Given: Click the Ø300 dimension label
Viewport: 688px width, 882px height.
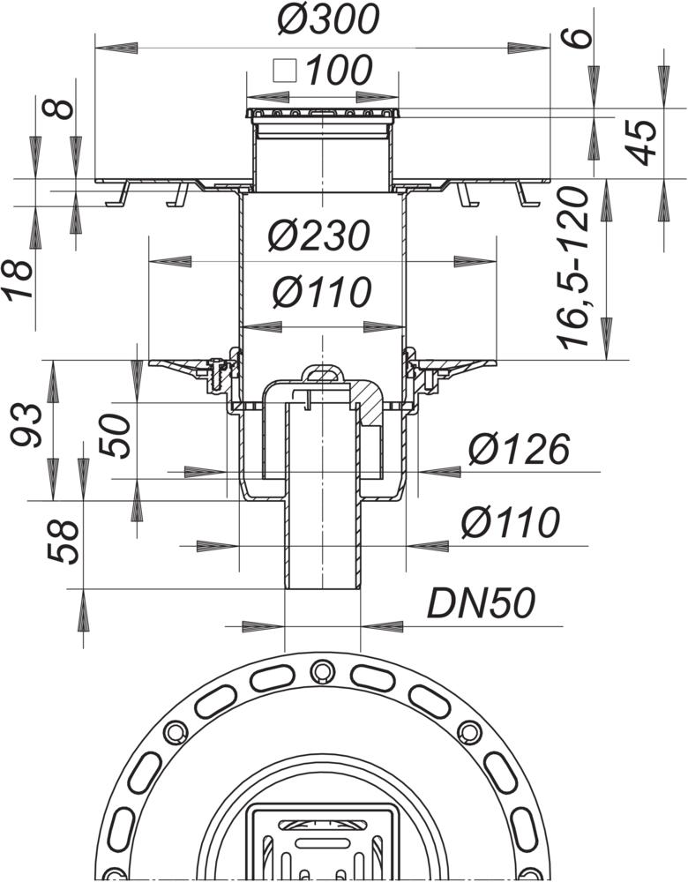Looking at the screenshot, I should coord(326,20).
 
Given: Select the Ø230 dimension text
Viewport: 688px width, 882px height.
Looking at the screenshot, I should coord(318,237).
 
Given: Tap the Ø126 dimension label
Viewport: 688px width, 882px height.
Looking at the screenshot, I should coord(519,450).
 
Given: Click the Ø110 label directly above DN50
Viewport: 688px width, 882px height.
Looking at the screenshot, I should coord(511,523).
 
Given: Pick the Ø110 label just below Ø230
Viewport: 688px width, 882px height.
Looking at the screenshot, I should coord(320,291).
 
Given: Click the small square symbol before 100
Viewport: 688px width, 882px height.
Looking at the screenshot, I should coord(283,70).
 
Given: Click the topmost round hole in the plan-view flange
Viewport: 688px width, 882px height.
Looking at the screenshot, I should coord(319,673).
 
